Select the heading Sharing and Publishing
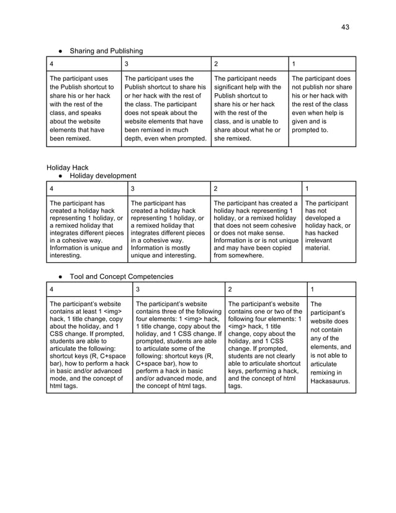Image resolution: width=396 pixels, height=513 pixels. [106, 50]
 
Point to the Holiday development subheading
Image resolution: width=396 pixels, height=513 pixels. [102, 176]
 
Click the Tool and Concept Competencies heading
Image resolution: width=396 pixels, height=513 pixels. [121, 276]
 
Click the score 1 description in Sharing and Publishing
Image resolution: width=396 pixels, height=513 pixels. [322, 105]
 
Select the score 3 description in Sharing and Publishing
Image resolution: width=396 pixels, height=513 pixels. [165, 109]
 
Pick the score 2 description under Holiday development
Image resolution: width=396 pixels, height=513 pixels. [256, 229]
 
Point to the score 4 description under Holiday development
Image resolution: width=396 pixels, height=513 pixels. [86, 229]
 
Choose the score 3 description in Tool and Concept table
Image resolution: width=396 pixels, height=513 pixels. [178, 345]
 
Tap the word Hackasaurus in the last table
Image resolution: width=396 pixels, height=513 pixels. [330, 381]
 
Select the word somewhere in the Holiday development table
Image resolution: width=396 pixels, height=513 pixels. [233, 255]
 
